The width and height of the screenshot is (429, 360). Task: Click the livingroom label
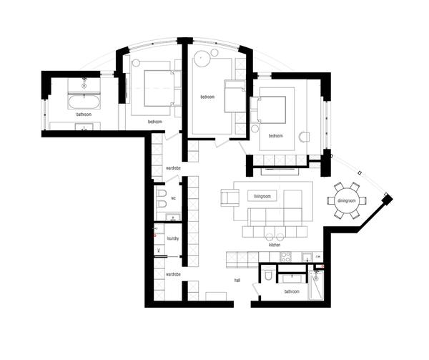[262, 196]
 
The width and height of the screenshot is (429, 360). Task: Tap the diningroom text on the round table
[346, 200]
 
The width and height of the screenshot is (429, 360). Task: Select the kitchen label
[275, 245]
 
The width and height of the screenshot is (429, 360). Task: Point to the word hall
[237, 281]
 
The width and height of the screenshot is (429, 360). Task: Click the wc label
[173, 198]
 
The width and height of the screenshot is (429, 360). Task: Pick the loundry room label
[173, 238]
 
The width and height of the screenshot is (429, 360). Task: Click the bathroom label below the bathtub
[84, 115]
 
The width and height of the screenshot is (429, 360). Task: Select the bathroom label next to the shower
[292, 291]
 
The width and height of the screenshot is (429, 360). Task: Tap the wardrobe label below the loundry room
[173, 274]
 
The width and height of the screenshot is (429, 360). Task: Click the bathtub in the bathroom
[84, 102]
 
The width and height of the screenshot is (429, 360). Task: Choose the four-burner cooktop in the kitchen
[286, 257]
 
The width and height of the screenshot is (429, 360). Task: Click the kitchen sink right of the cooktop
[307, 257]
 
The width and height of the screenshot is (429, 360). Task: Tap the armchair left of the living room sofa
[230, 198]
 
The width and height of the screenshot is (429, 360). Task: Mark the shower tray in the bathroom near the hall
[316, 285]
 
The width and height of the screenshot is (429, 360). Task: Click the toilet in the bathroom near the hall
[268, 276]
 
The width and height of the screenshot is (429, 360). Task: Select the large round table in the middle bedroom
[202, 59]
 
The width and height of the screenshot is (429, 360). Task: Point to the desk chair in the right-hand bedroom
[304, 137]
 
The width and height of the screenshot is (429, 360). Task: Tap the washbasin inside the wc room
[173, 218]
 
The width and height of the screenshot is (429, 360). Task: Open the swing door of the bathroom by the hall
[256, 289]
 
